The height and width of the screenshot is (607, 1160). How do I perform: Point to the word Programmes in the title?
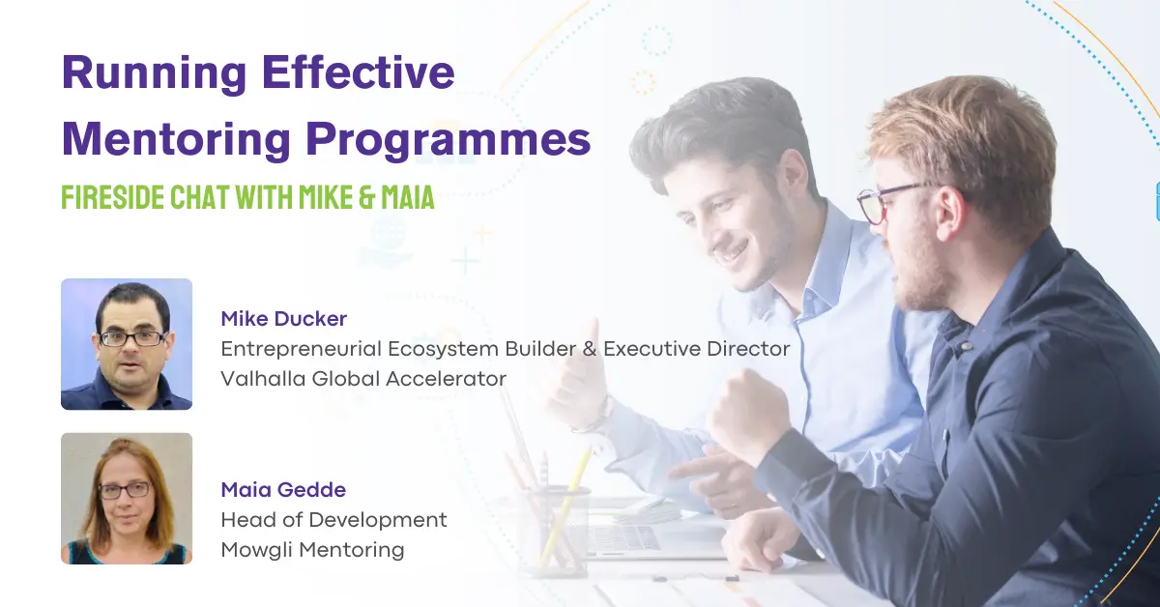click(449, 141)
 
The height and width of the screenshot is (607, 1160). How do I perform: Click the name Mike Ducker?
click(283, 318)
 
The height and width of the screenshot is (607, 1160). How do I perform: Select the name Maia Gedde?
click(282, 490)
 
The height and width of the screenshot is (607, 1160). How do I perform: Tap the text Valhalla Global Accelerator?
click(363, 379)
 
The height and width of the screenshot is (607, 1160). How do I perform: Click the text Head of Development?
click(333, 520)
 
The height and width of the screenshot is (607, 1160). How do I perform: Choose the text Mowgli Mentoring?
click(312, 550)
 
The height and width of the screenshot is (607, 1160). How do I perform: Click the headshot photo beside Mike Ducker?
click(127, 344)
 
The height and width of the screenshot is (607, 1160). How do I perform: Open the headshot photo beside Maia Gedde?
click(127, 498)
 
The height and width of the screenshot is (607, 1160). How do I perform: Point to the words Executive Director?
click(697, 348)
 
